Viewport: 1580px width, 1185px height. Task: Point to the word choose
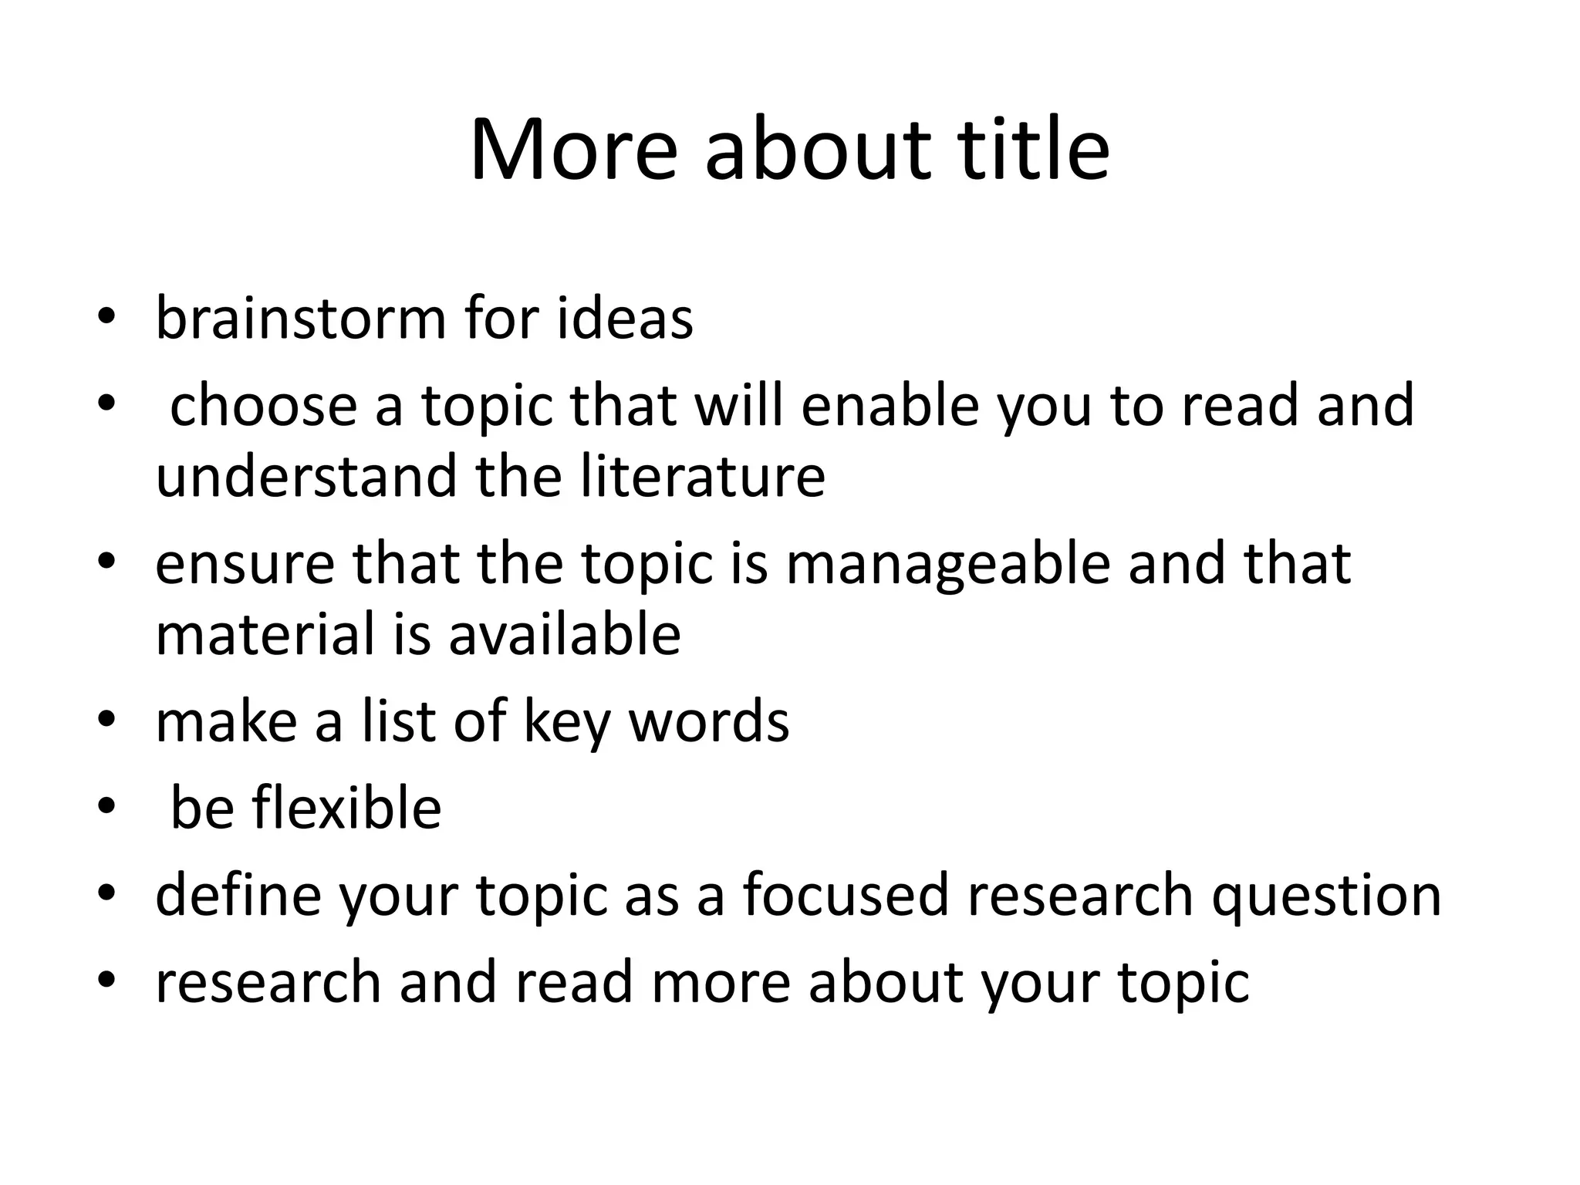[263, 405]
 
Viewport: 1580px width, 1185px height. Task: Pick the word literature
[703, 476]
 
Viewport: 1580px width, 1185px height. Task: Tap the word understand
[306, 476]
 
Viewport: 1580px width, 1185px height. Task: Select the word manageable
[948, 563]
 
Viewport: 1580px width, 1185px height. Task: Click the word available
[565, 634]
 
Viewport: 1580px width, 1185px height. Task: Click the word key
[567, 721]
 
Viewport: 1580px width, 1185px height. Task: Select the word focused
[846, 895]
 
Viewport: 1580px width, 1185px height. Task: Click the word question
[1325, 895]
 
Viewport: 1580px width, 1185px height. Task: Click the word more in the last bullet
[721, 982]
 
